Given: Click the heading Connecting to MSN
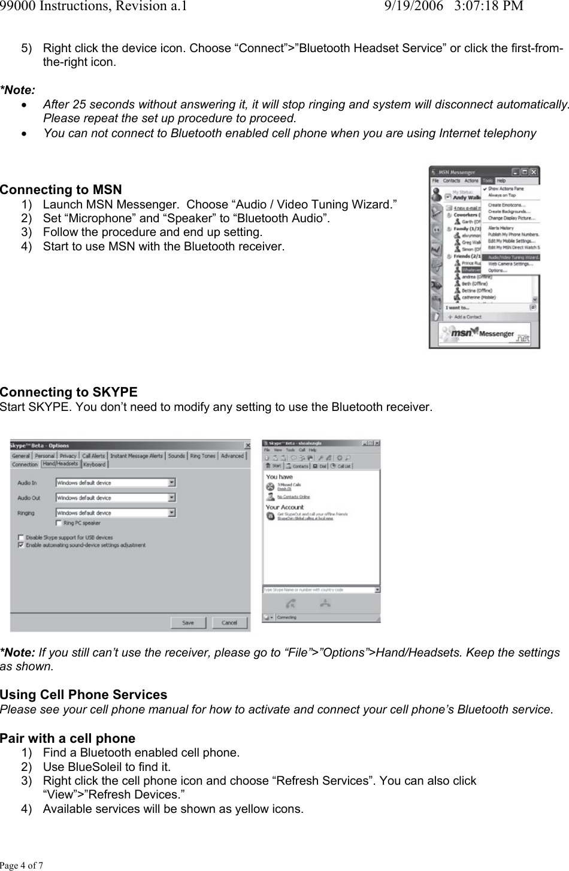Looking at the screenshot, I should click(x=60, y=190).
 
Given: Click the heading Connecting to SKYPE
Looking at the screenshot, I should click(x=68, y=392).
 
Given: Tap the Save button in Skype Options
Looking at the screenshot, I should click(x=188, y=622).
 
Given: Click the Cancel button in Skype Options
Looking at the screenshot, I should click(x=229, y=622).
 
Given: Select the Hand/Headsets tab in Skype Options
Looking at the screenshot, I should click(x=60, y=464).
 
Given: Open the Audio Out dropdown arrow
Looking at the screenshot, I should click(x=172, y=498).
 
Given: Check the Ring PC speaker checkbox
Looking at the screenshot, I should click(x=59, y=523).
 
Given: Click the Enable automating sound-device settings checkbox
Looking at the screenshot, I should click(x=22, y=545).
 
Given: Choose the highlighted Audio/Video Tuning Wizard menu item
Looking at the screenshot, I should click(x=513, y=257).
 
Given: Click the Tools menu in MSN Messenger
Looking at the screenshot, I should click(x=488, y=180).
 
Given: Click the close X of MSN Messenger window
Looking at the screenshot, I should click(x=534, y=172).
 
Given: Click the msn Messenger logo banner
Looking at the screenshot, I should click(x=484, y=334).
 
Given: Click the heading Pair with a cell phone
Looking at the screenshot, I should click(x=68, y=739).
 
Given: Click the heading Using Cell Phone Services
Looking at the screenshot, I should click(x=83, y=695).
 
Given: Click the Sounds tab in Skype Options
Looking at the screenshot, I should click(x=176, y=456).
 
